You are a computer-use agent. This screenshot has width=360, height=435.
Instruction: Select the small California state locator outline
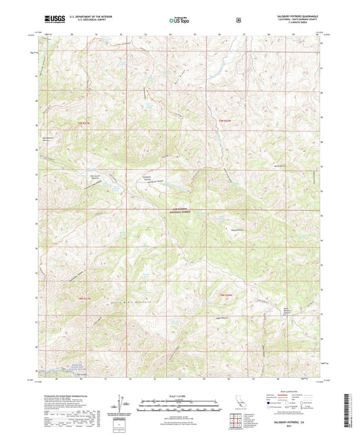pos(238,403)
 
